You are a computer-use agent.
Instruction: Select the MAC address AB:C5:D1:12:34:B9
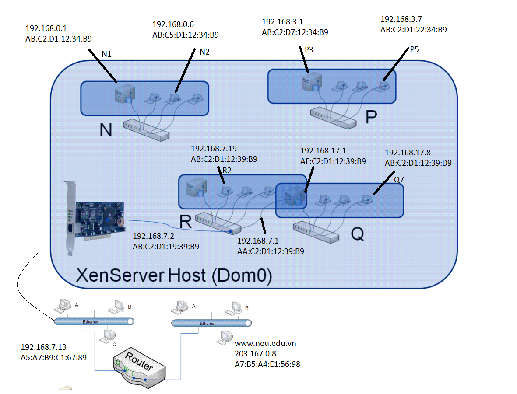point(186,35)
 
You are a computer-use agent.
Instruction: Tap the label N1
point(107,54)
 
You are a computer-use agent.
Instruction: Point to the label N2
point(204,52)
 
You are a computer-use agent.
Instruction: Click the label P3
point(309,50)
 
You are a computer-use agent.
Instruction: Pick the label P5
point(414,49)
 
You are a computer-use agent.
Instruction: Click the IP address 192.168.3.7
point(401,19)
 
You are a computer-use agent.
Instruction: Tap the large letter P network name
point(371,117)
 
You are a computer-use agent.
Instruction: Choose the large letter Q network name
point(358,235)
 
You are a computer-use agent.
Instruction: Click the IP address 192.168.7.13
point(43,347)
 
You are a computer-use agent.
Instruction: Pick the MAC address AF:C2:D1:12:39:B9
point(333,161)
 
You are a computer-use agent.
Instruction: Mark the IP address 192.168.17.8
point(408,153)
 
